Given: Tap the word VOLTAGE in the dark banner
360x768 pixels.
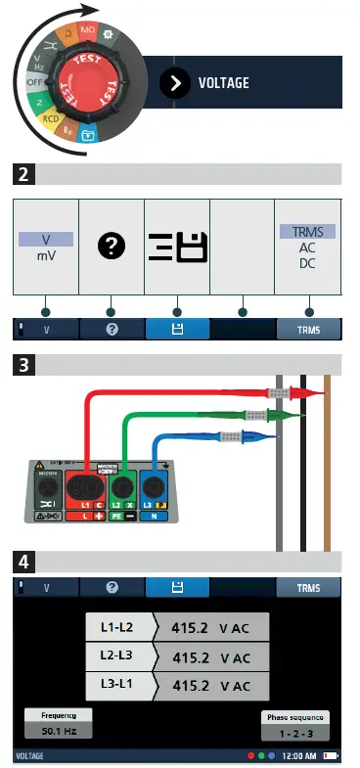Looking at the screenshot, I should [x=223, y=83].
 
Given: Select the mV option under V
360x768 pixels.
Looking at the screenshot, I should [x=45, y=256].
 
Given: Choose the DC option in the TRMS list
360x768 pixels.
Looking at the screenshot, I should [x=307, y=263].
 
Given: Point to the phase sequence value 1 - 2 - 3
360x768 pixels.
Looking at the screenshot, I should [x=294, y=732].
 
